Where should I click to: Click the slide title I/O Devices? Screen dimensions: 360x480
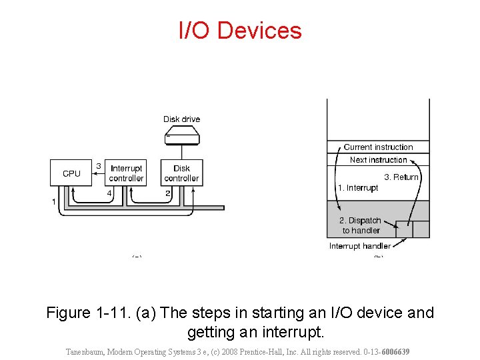(x=240, y=31)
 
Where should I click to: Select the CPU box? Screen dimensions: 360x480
(x=71, y=173)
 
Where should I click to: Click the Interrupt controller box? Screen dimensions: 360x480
(x=127, y=173)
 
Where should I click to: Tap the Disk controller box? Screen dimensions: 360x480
(x=181, y=173)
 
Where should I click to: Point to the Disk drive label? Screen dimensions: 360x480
(x=181, y=119)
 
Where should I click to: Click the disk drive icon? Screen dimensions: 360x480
(x=181, y=137)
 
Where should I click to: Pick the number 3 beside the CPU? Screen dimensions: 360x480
(x=99, y=166)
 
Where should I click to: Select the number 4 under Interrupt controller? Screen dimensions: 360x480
(x=109, y=193)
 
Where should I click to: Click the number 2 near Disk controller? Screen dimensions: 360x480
(x=168, y=193)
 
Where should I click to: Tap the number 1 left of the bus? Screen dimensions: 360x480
(x=53, y=201)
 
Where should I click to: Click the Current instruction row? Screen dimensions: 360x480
(x=378, y=147)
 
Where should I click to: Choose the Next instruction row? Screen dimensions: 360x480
(x=378, y=160)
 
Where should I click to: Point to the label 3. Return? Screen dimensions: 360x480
(x=401, y=177)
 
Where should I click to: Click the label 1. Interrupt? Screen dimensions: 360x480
(x=357, y=188)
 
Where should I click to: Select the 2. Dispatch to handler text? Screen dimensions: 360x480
(x=361, y=225)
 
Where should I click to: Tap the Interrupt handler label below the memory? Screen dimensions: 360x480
(x=360, y=246)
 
